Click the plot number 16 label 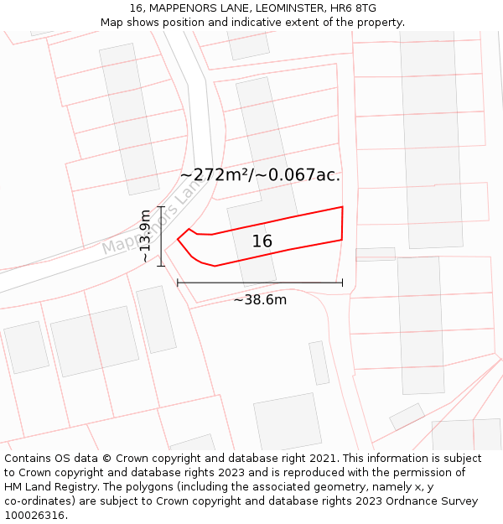tap(262, 241)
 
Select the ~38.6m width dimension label tap(260, 299)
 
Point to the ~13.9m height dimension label tap(145, 236)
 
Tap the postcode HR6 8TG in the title tap(354, 8)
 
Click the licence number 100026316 tap(35, 515)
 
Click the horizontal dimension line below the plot tap(260, 283)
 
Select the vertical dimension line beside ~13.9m tap(161, 236)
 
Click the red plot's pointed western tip tap(178, 239)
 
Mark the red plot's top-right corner tap(342, 207)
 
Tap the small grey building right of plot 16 tap(375, 254)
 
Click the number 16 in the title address tap(136, 8)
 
